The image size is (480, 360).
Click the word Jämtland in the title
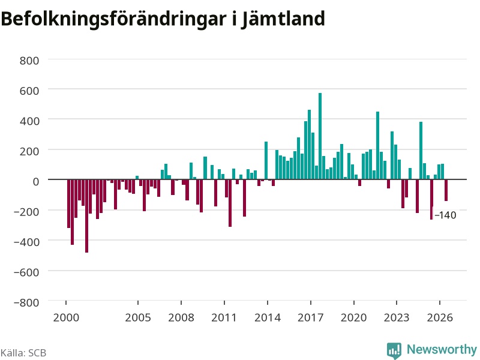tap(283, 19)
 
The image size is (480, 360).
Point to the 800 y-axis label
tap(29, 61)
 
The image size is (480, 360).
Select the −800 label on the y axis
tap(26, 302)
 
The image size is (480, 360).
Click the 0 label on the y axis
tap(36, 181)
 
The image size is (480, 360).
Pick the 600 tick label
tap(29, 91)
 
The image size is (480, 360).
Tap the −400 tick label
tap(26, 242)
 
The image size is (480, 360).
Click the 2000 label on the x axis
tap(66, 317)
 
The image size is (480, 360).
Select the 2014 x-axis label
tap(268, 317)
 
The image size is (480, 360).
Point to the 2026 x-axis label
tap(440, 317)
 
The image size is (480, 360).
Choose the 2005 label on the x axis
tap(138, 317)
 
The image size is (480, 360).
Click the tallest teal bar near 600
tap(320, 136)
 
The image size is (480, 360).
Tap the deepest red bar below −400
tap(86, 216)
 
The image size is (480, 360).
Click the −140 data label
tap(445, 215)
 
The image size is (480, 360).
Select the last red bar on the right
tap(446, 190)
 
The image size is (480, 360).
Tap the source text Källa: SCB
tap(23, 353)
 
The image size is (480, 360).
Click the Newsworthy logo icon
tap(394, 350)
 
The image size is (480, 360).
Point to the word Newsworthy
tap(442, 349)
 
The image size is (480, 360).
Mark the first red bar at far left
tap(69, 203)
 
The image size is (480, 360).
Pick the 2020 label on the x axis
tap(354, 317)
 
